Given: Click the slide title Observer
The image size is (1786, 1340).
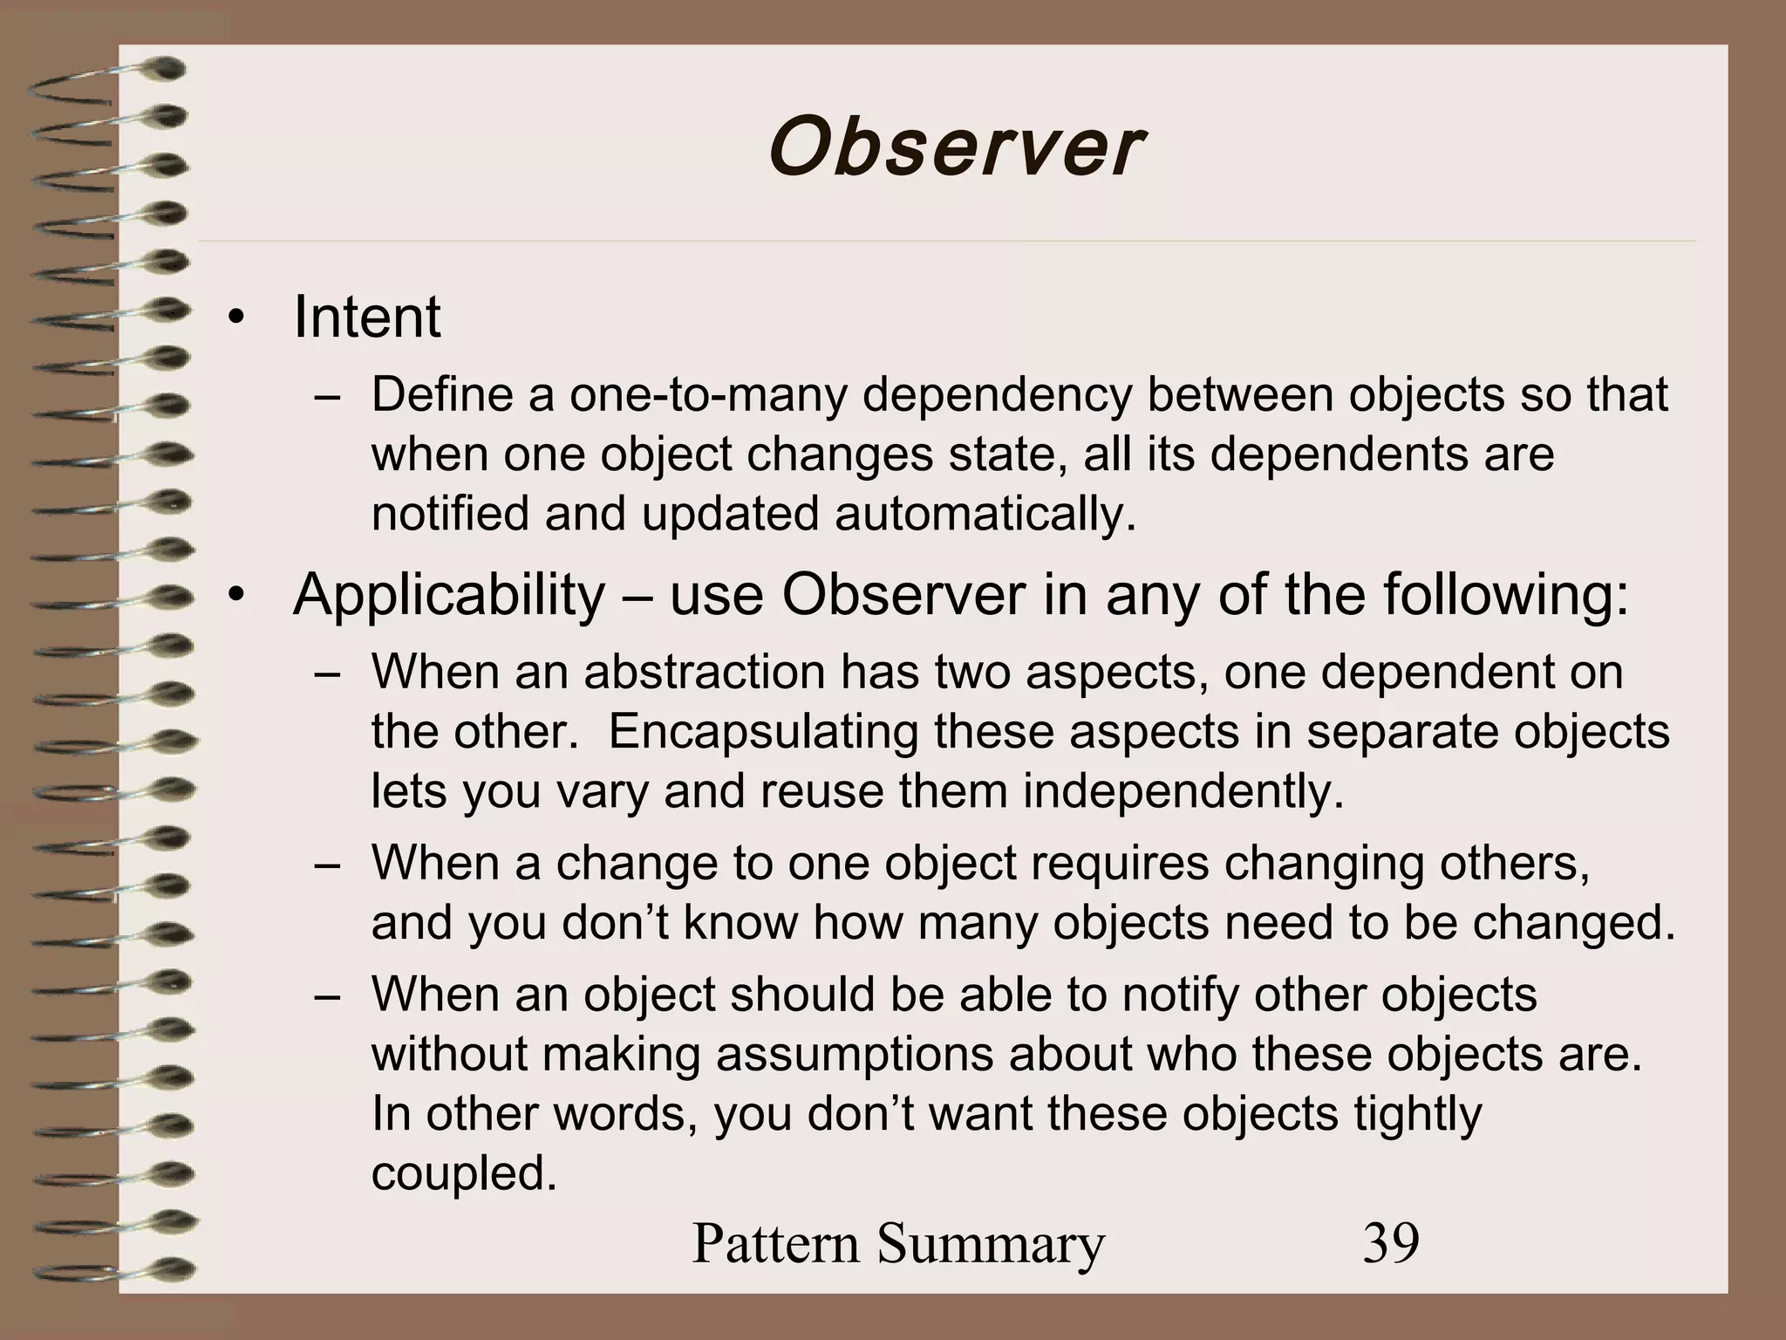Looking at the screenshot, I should pos(955,148).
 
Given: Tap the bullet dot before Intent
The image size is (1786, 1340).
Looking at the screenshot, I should pos(234,320).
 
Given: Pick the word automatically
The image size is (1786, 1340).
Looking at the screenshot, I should pos(985,514).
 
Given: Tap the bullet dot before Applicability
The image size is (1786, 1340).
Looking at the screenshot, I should pos(234,598).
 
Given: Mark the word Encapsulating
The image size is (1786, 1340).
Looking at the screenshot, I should pos(763,731).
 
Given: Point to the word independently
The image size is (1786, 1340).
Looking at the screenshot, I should pos(1183,791).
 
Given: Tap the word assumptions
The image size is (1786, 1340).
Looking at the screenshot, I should pos(855,1054).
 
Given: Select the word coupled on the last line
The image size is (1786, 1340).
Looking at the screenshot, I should pos(464,1173).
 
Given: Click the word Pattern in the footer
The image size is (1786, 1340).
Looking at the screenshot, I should pos(776,1243).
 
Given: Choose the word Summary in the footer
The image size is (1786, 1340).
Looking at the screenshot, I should pos(992,1245).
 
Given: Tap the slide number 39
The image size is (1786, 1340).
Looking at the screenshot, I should pos(1391,1243).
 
